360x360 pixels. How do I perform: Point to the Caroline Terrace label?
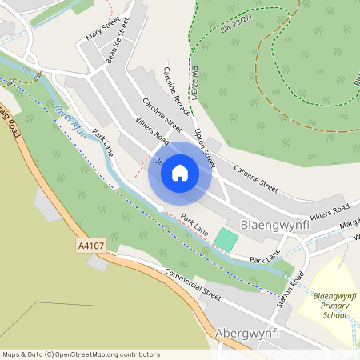coord(179,88)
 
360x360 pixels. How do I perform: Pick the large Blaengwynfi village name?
coord(274,226)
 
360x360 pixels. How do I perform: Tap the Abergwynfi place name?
coord(250,332)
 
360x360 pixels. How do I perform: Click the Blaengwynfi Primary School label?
coord(330,304)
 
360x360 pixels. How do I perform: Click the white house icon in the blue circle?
coord(180,173)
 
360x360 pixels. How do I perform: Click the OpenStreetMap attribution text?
coord(81,354)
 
